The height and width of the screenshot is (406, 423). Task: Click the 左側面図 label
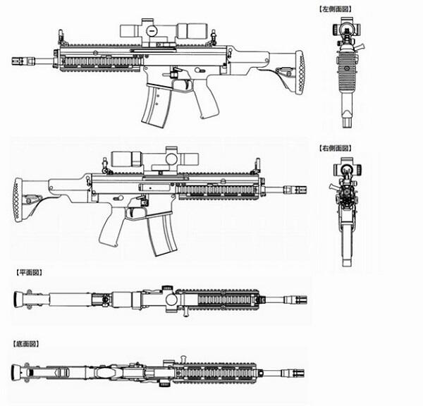point(336,9)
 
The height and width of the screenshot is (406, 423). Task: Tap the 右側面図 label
point(336,148)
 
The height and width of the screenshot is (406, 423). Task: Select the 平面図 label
point(29,273)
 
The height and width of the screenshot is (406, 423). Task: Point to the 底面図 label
point(26,344)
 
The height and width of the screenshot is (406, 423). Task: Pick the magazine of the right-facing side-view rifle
point(161,234)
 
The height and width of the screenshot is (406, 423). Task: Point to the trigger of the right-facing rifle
point(133,212)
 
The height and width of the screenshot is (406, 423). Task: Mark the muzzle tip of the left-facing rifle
point(12,61)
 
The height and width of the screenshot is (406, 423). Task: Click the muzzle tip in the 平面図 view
point(307,300)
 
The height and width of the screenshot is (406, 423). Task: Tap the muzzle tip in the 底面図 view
point(304,374)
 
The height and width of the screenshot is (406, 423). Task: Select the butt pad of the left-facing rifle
point(300,73)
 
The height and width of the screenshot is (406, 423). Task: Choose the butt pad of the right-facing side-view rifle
point(17,200)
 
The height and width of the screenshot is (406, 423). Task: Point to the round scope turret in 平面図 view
point(171,299)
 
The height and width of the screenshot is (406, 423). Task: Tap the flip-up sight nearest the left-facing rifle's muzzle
point(61,37)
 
